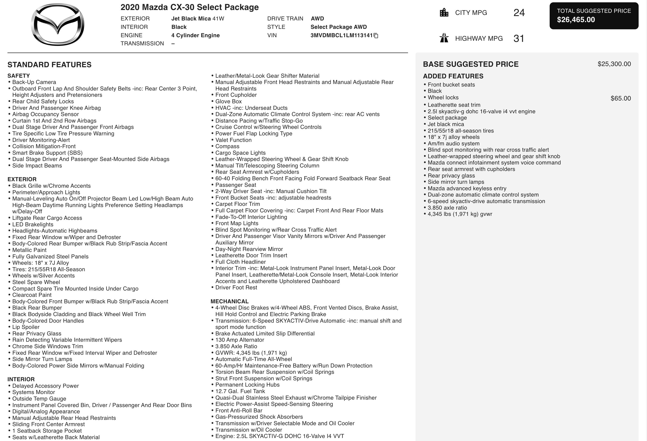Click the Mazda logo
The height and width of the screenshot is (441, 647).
(58, 24)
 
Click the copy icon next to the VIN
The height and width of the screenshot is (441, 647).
(376, 36)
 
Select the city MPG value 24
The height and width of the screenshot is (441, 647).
(519, 13)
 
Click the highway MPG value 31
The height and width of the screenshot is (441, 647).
(519, 38)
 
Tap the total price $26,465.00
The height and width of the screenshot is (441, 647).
(576, 20)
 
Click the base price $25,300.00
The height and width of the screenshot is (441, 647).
(614, 64)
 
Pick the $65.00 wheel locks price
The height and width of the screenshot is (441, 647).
(620, 98)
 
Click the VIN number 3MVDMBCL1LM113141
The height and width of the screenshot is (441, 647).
(341, 35)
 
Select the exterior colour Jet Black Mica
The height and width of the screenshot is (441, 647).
(191, 19)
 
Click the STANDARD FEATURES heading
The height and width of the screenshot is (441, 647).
(49, 65)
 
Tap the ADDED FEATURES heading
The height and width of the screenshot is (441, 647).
(453, 76)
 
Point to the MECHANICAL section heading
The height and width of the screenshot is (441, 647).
(229, 301)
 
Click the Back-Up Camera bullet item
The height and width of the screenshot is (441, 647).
(34, 82)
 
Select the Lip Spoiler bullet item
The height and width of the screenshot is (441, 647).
(26, 327)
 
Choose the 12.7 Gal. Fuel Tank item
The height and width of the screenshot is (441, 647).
(240, 391)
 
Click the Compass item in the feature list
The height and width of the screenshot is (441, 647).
(227, 146)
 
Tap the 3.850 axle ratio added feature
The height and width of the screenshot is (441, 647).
(447, 208)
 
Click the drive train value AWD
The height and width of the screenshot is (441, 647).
(317, 19)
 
